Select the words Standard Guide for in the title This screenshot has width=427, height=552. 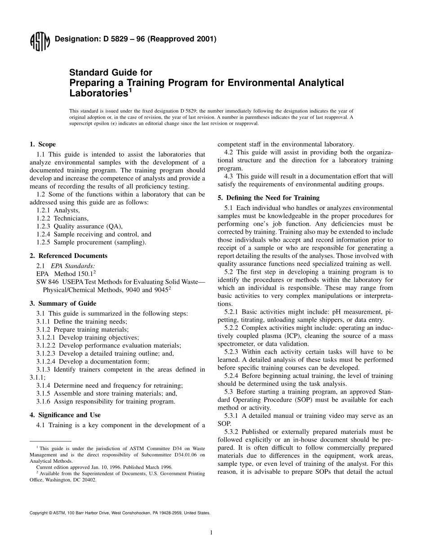[110, 72]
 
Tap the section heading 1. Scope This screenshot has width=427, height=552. [43, 145]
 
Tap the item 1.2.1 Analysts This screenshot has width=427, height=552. [58, 210]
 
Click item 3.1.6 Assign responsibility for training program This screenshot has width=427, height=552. [106, 401]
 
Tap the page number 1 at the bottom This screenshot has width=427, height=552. [211, 533]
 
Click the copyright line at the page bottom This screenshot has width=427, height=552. [120, 513]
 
